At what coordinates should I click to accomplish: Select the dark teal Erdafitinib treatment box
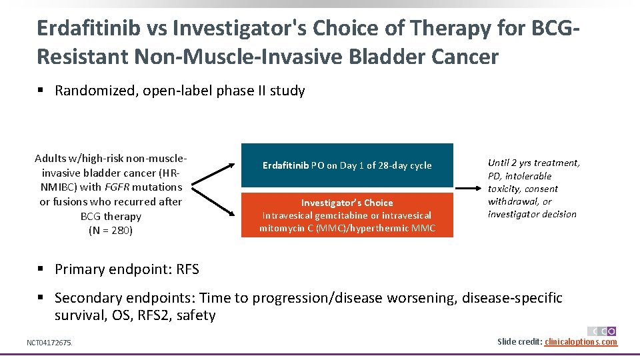347,165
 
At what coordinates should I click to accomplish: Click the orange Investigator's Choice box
347,215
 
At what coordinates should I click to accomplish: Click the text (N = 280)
111,231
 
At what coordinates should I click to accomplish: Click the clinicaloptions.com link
581,342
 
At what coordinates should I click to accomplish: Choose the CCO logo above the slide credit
601,331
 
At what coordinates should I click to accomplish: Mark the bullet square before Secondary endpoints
41,298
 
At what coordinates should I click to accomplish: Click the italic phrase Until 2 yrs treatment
533,163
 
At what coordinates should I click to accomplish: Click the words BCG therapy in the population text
111,217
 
